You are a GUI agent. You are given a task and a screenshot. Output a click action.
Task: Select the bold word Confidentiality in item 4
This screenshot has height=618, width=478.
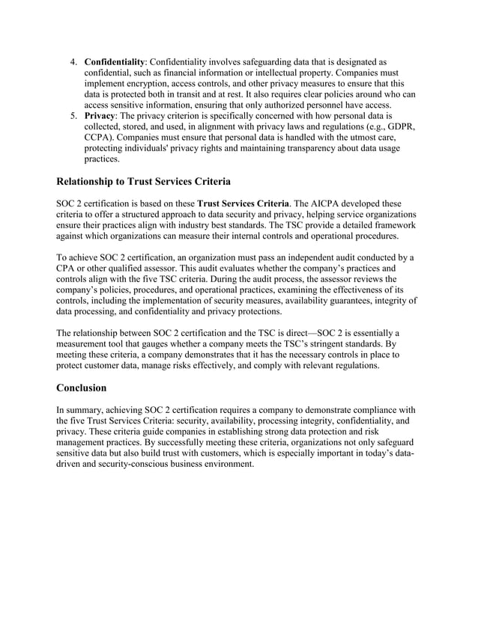click(115, 61)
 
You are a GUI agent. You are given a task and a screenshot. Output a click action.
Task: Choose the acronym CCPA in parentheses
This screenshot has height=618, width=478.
click(102, 139)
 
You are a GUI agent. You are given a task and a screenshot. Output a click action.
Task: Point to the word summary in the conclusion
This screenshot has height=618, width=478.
click(85, 409)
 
